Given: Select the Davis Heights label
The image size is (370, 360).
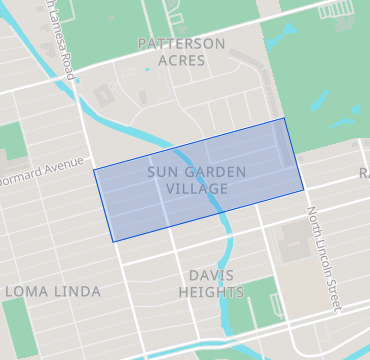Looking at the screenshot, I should (x=210, y=283).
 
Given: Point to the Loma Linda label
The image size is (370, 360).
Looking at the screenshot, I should (x=53, y=291).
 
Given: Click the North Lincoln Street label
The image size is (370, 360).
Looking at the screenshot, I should (x=323, y=255).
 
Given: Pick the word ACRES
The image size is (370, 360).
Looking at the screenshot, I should (x=181, y=61).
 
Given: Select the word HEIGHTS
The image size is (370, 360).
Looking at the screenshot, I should (x=210, y=292).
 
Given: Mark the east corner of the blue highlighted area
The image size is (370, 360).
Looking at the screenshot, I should (x=304, y=189).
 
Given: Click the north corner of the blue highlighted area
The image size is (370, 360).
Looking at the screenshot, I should (x=284, y=118).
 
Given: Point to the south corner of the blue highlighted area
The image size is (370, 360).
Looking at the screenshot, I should (x=112, y=241).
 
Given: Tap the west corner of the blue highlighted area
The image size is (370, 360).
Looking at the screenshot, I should (x=94, y=169).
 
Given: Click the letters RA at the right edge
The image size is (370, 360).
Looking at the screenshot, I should (x=364, y=175).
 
